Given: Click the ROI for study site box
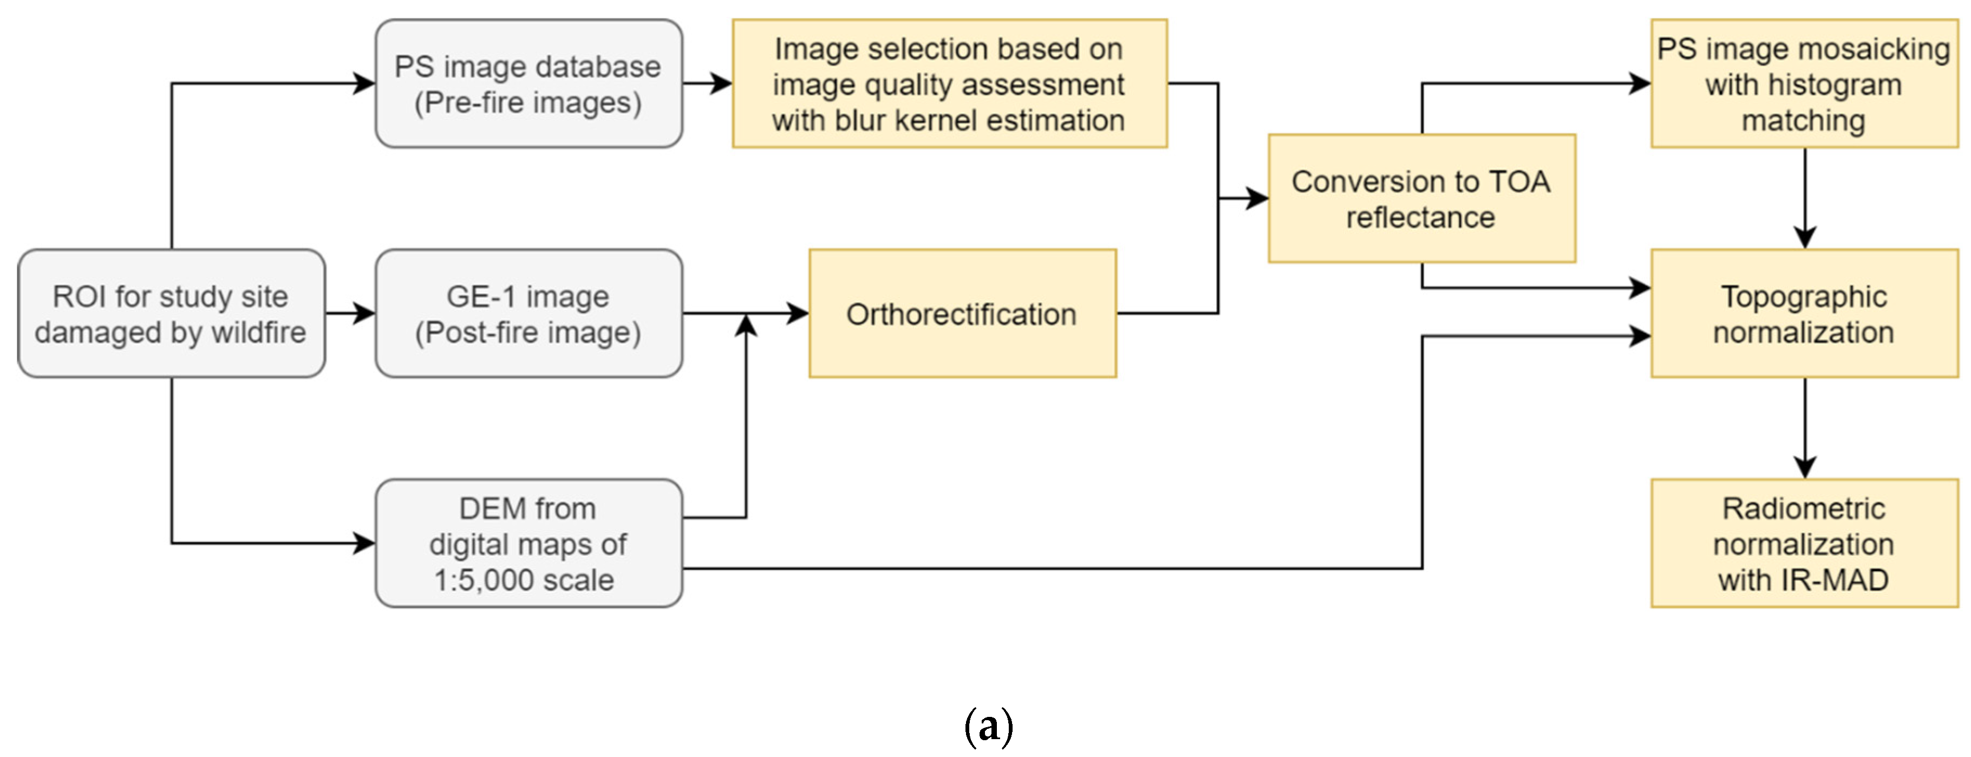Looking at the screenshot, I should click(171, 313).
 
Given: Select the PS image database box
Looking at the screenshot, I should click(528, 83).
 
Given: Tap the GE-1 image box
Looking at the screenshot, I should click(528, 313).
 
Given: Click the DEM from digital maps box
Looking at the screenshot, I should click(528, 544).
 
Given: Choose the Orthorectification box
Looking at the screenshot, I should click(962, 313).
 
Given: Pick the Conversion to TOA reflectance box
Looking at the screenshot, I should click(1421, 198).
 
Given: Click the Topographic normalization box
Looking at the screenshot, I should click(1804, 313).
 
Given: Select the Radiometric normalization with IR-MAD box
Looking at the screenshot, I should click(1804, 544).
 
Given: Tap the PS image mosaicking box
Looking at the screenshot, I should click(1804, 83).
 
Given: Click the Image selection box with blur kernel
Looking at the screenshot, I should click(949, 83).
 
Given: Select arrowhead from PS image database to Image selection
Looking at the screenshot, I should click(721, 83).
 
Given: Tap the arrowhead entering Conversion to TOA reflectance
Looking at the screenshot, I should click(1257, 198).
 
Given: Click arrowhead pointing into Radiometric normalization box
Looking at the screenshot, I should click(1805, 467).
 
